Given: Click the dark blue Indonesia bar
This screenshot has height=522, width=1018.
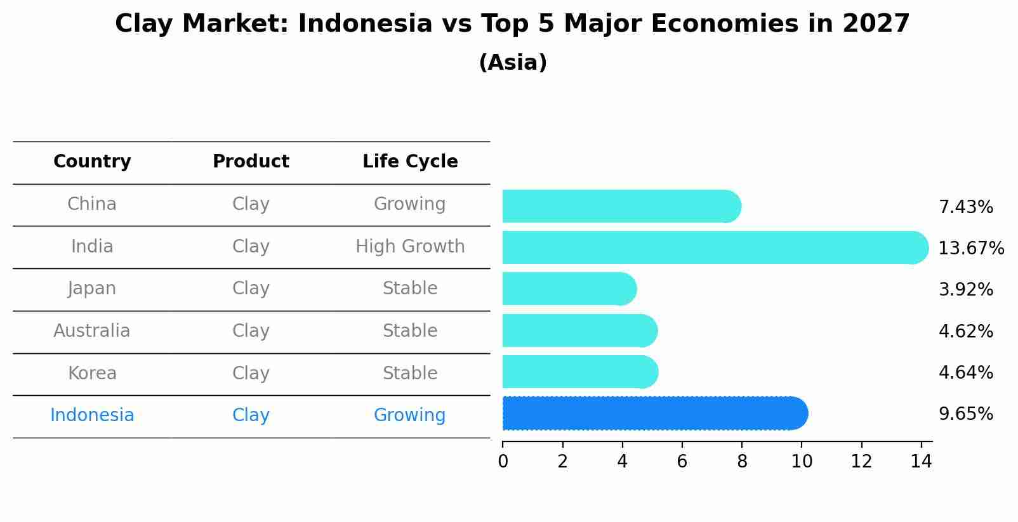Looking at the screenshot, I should [654, 414].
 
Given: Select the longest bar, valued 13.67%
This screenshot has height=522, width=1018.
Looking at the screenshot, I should [714, 247].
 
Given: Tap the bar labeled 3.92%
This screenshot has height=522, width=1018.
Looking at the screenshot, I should [569, 289].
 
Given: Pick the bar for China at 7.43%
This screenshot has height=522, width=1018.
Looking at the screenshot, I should [621, 206].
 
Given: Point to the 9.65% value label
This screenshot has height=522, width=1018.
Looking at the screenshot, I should [965, 414].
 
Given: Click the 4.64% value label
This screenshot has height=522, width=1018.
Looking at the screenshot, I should [965, 372].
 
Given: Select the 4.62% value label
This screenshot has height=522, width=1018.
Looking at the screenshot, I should [965, 331].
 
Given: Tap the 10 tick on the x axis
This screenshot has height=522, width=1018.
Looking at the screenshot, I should [802, 462].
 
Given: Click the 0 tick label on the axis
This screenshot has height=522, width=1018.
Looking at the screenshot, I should [503, 462].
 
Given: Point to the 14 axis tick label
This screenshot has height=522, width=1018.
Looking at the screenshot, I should [921, 462].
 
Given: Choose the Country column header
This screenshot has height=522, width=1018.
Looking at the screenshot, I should [92, 162].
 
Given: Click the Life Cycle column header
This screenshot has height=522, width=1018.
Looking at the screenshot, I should [410, 162].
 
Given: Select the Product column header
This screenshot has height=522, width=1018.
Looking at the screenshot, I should [251, 162].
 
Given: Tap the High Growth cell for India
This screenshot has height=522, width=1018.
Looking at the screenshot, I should [410, 247].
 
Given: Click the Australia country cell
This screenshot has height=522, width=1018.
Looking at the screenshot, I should [92, 331].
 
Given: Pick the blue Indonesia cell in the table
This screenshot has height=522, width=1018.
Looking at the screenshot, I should [92, 415].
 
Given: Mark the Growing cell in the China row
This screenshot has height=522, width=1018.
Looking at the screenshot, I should [409, 204].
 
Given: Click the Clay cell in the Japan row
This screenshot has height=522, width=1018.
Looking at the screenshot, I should [251, 289].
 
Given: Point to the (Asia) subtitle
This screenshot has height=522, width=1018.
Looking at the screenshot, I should [513, 63].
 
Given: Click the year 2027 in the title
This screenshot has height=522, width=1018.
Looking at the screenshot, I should [876, 24].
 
